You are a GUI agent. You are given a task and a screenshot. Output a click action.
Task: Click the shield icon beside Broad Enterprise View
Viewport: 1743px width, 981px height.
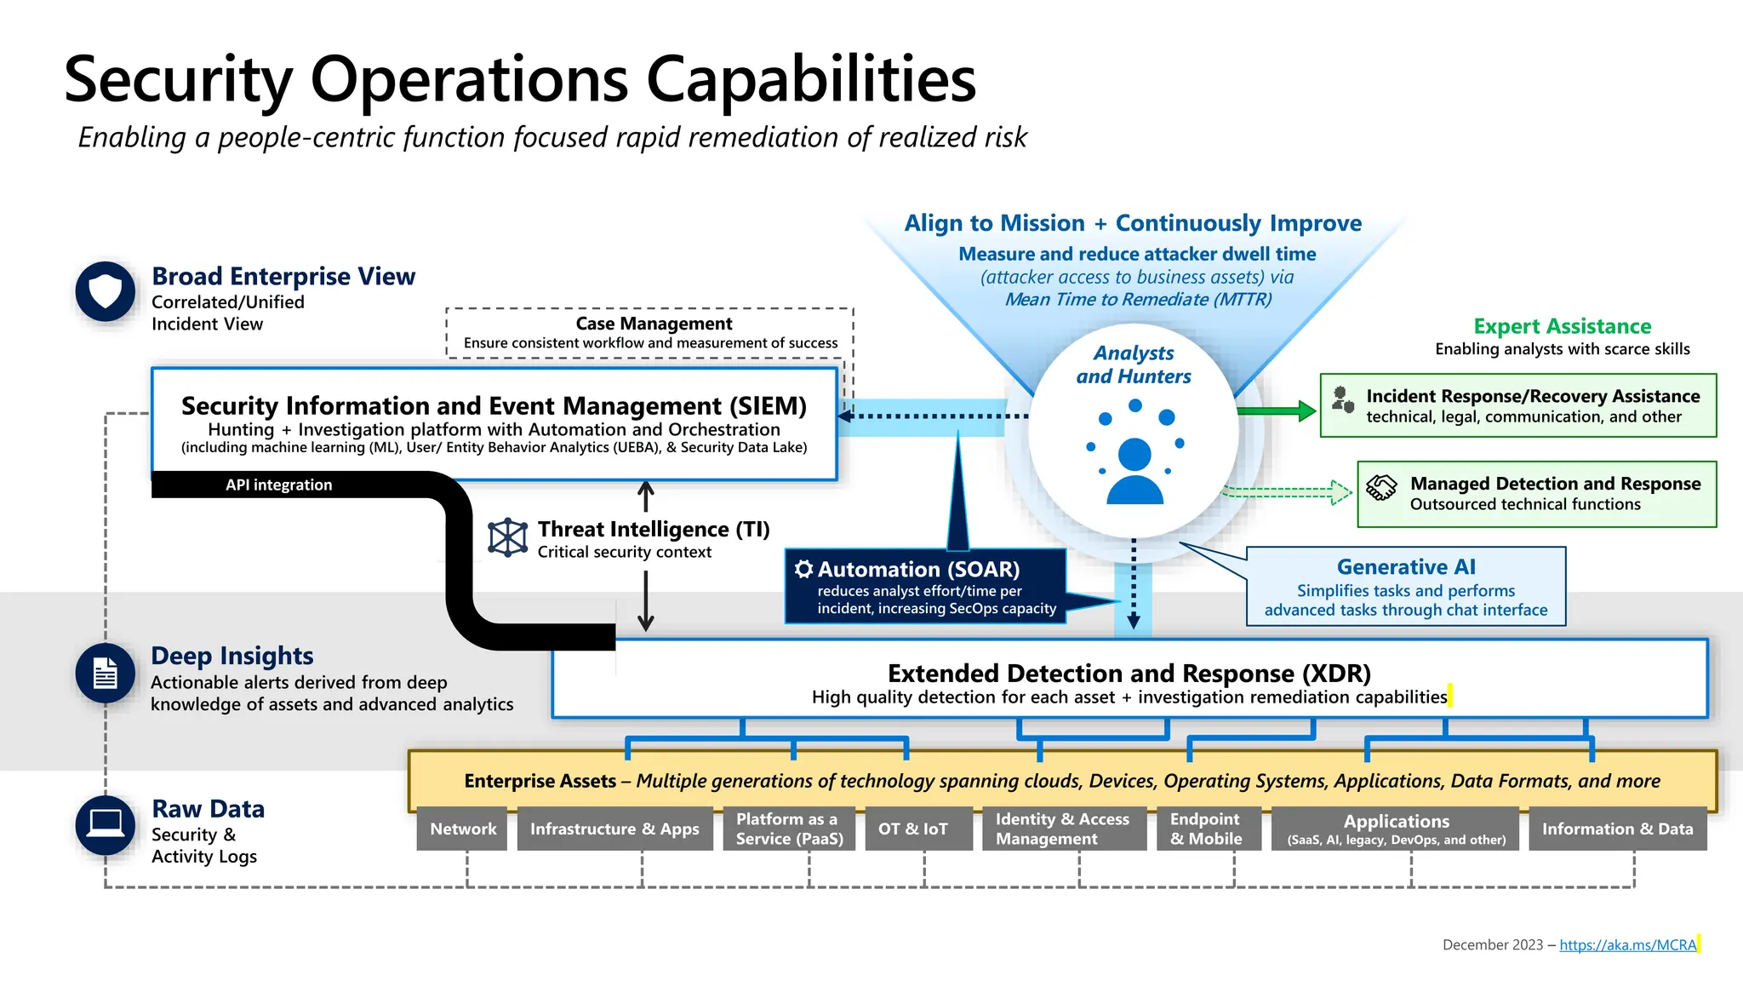106,291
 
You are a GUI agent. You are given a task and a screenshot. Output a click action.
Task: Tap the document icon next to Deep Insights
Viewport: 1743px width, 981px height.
106,674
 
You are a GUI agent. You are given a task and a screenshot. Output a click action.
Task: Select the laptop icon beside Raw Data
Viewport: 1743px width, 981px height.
106,824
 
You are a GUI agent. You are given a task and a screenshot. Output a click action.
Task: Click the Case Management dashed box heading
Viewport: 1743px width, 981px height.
653,324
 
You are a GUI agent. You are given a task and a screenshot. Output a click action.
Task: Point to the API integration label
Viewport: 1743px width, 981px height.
278,485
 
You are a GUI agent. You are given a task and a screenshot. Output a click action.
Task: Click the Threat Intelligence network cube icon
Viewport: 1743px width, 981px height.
507,537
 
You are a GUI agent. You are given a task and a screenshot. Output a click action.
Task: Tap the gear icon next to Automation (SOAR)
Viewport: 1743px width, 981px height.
803,569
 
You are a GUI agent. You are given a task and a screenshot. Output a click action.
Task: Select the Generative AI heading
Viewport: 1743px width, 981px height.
1406,567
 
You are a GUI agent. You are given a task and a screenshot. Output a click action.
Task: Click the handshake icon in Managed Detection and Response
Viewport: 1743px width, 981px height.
1381,488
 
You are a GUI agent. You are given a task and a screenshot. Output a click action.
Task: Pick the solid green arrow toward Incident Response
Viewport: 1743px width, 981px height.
1276,411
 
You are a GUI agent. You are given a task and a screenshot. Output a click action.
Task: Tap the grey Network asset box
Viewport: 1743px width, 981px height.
462,829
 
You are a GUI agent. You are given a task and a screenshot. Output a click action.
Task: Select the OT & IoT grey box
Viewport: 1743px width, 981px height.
913,829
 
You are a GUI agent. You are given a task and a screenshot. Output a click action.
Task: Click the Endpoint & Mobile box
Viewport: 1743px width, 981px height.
1206,829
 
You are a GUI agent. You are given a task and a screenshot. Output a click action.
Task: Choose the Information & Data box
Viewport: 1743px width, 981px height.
1617,829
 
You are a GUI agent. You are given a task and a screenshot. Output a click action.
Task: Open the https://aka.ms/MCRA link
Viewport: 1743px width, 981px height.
1627,944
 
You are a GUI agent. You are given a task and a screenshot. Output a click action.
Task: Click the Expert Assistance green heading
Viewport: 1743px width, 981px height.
1562,326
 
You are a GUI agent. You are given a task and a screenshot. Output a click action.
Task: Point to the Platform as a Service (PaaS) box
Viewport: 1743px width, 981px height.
789,829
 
